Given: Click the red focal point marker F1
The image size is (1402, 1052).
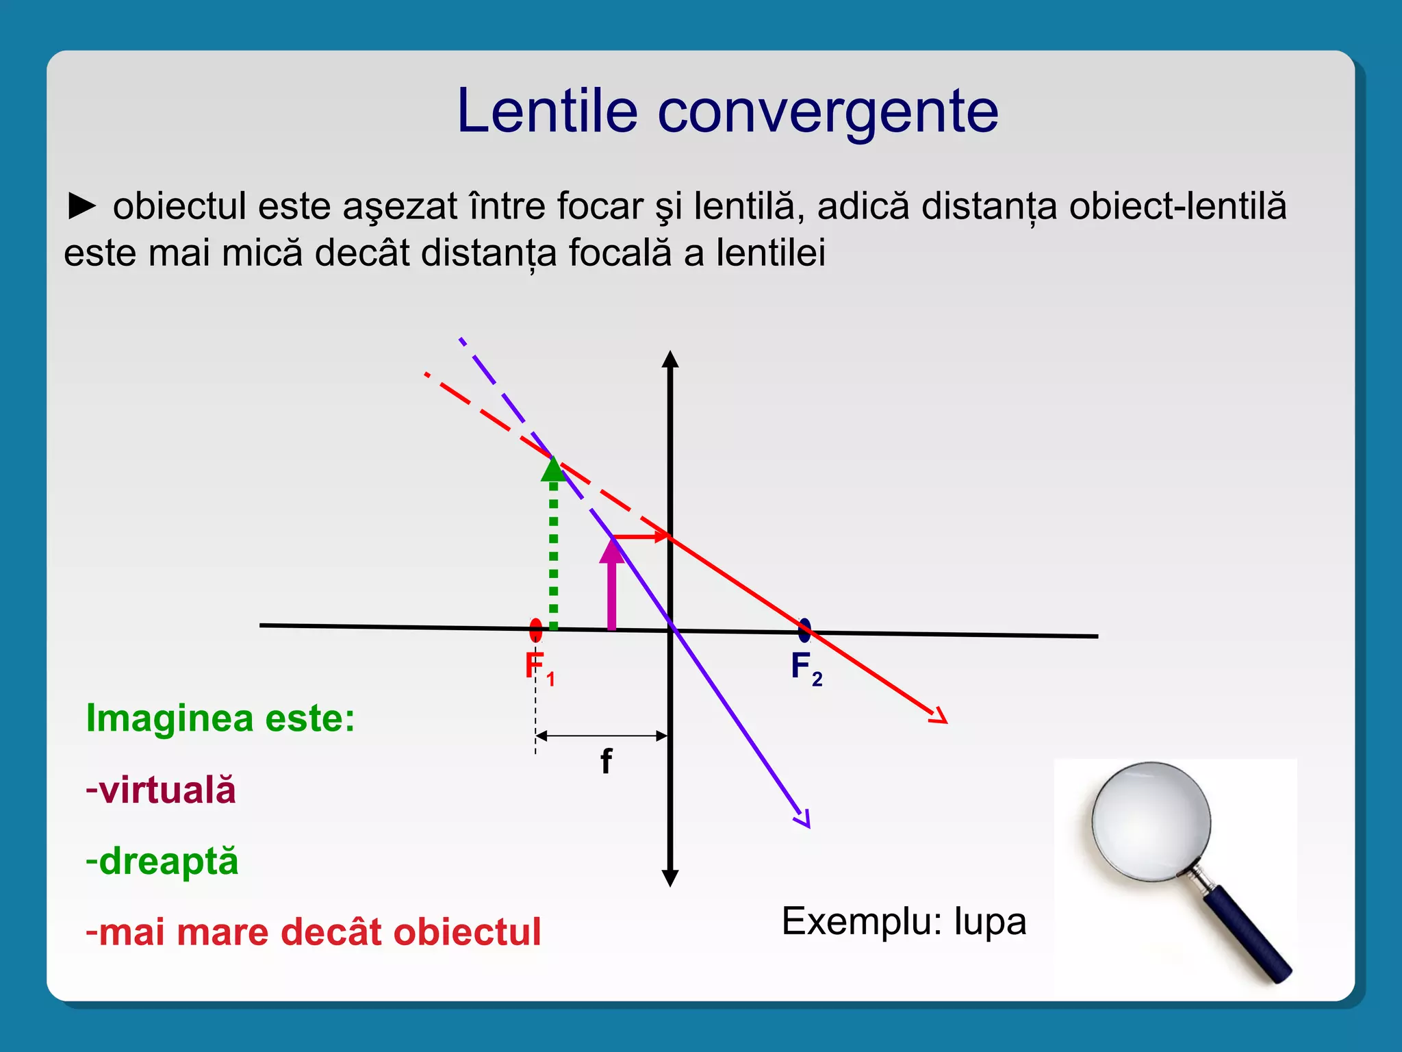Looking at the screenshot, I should click(x=536, y=629).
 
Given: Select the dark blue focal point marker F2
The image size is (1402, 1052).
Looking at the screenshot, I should click(x=804, y=630).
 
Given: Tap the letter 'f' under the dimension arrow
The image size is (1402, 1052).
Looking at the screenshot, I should click(x=606, y=761).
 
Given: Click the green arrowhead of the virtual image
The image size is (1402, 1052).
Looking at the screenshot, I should click(x=553, y=469).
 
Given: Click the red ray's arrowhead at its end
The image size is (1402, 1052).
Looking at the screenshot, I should click(x=939, y=716).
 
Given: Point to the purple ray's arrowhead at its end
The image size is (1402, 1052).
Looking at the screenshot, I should click(x=804, y=819).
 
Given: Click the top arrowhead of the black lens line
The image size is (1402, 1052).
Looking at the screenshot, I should click(x=670, y=360).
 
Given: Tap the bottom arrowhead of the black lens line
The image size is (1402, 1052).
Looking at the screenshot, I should click(x=670, y=877).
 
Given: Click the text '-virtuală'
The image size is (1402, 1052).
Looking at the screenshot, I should click(x=161, y=790).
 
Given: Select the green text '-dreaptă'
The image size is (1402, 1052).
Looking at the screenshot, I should click(x=162, y=861).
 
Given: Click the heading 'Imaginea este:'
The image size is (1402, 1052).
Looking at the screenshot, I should click(x=220, y=718).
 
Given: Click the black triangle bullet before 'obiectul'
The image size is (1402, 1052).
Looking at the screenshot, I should click(x=82, y=206).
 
